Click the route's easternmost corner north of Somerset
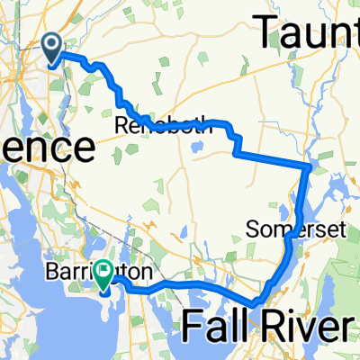coord(309,167)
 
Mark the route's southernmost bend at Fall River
coord(257,304)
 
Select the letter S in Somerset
coord(251,231)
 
